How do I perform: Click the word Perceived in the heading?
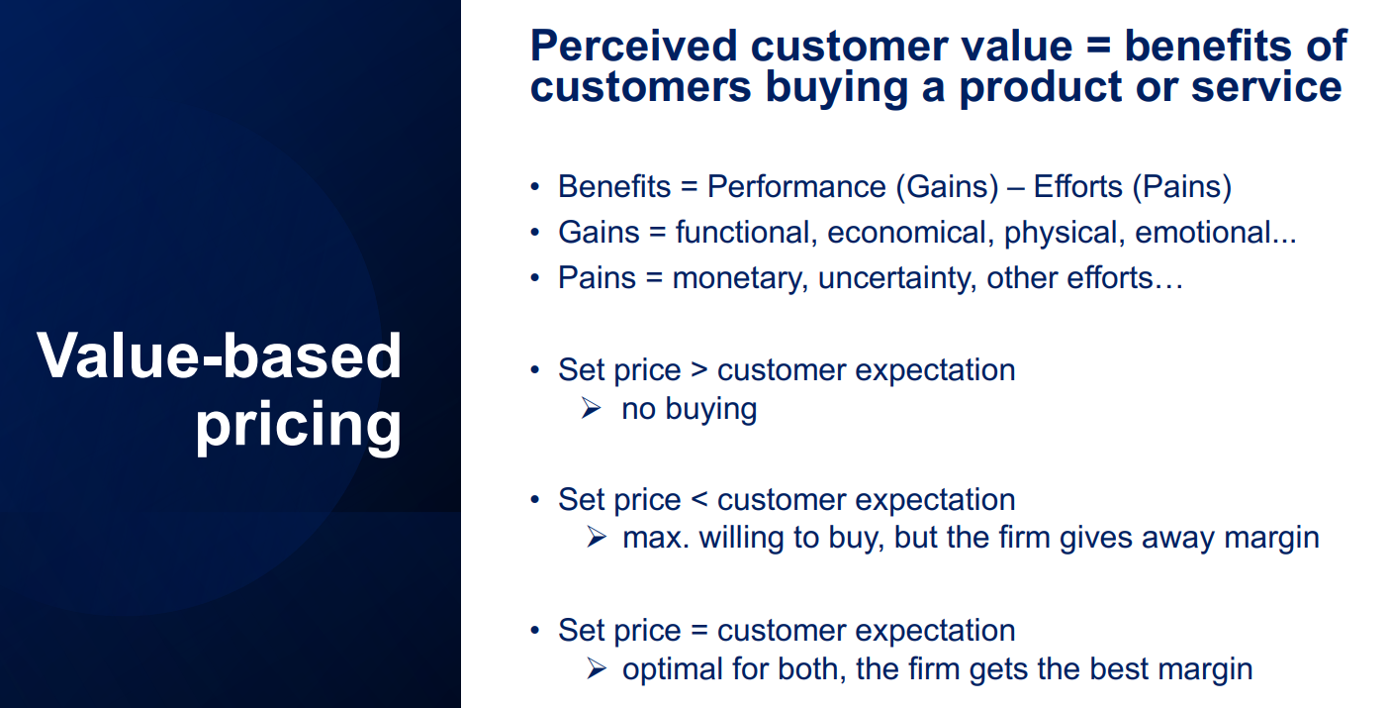pyautogui.click(x=634, y=46)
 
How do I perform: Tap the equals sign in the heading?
pyautogui.click(x=1098, y=46)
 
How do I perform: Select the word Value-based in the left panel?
pyautogui.click(x=219, y=355)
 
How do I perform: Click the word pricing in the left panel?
pyautogui.click(x=298, y=425)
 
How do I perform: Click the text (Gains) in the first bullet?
pyautogui.click(x=948, y=187)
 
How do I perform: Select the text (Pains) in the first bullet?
pyautogui.click(x=1182, y=187)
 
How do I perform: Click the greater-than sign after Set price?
pyautogui.click(x=698, y=369)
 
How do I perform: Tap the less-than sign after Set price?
pyautogui.click(x=698, y=499)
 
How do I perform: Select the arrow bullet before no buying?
pyautogui.click(x=592, y=408)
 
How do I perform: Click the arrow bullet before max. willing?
pyautogui.click(x=597, y=537)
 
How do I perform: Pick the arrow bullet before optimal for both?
pyautogui.click(x=597, y=669)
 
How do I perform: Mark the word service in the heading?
pyautogui.click(x=1266, y=86)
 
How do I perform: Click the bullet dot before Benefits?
pyautogui.click(x=535, y=187)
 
